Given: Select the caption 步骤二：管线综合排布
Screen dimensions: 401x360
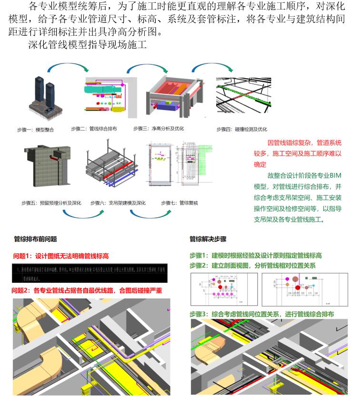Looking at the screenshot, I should click(94, 129).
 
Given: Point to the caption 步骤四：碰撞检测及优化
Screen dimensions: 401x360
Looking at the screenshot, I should click(241, 129).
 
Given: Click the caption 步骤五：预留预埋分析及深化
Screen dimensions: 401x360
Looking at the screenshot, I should click(51, 203).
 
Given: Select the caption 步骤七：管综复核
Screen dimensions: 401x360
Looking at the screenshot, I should click(180, 203).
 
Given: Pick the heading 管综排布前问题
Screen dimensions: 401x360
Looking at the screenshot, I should click(36, 239).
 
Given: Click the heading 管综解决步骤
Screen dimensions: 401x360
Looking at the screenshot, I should click(208, 239).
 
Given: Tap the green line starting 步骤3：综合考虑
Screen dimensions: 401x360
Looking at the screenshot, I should click(261, 314).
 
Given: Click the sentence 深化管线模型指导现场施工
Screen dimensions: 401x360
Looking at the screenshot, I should click(86, 46).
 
